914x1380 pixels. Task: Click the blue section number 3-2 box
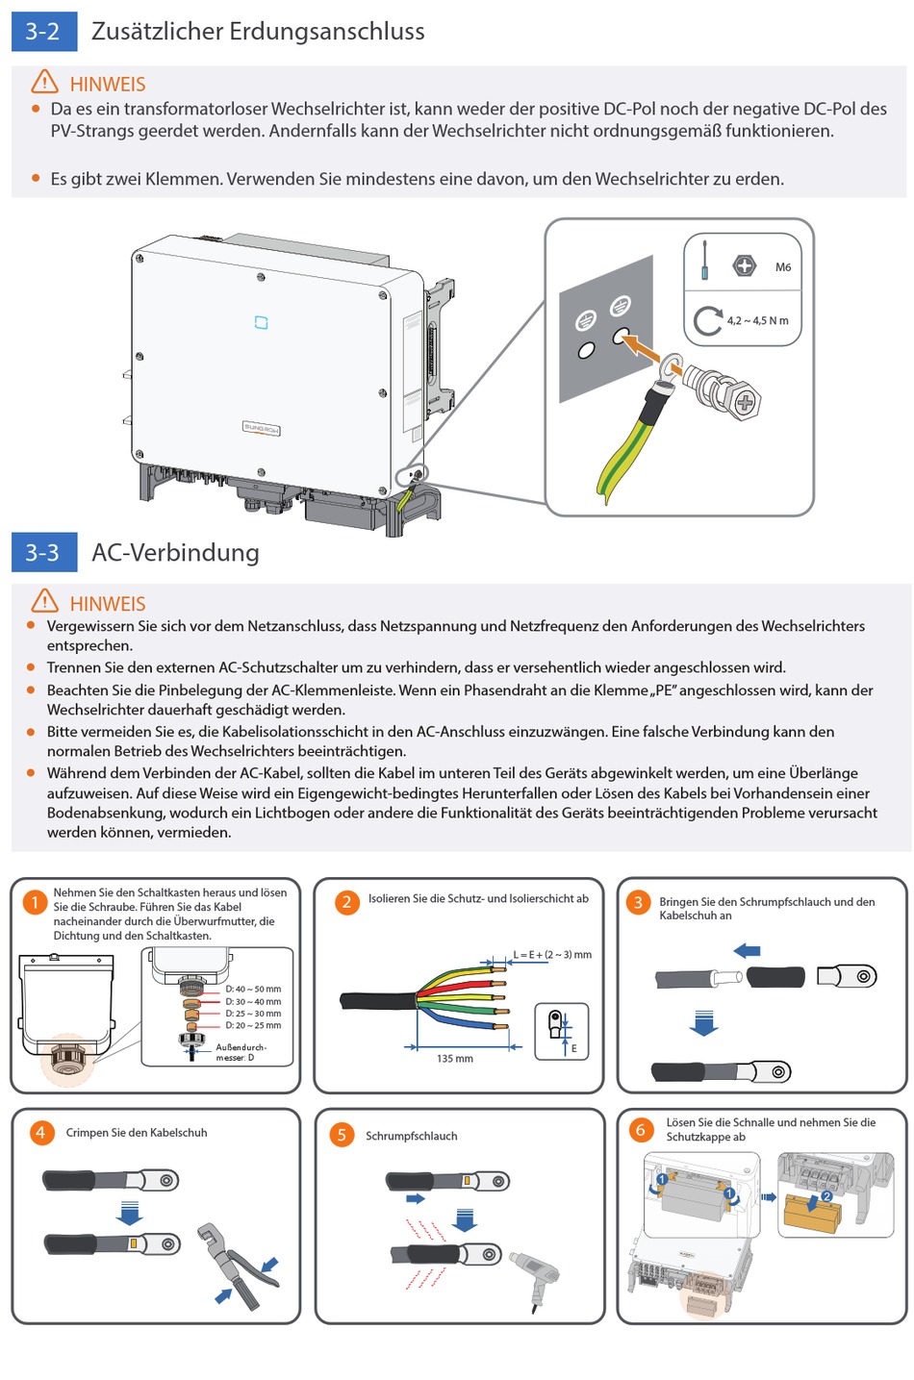click(x=43, y=32)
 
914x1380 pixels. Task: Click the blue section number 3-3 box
click(x=43, y=553)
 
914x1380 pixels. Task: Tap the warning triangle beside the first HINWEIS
click(x=44, y=82)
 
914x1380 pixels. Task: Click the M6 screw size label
click(x=783, y=267)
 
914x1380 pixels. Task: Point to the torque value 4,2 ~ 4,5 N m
click(x=757, y=321)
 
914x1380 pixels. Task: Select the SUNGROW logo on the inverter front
click(x=261, y=428)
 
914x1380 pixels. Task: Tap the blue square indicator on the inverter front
click(x=261, y=322)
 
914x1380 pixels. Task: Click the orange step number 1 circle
click(x=35, y=902)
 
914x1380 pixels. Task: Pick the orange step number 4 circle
click(x=40, y=1133)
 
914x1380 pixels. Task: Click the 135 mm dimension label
click(x=455, y=1059)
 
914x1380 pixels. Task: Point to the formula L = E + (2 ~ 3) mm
click(x=552, y=955)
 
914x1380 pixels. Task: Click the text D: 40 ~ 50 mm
click(x=253, y=989)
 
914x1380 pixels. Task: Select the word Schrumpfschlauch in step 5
click(x=411, y=1136)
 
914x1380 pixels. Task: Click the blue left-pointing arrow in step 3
click(x=747, y=951)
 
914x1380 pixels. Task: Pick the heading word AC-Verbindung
click(x=175, y=553)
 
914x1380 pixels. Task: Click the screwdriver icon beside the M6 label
click(x=705, y=261)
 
